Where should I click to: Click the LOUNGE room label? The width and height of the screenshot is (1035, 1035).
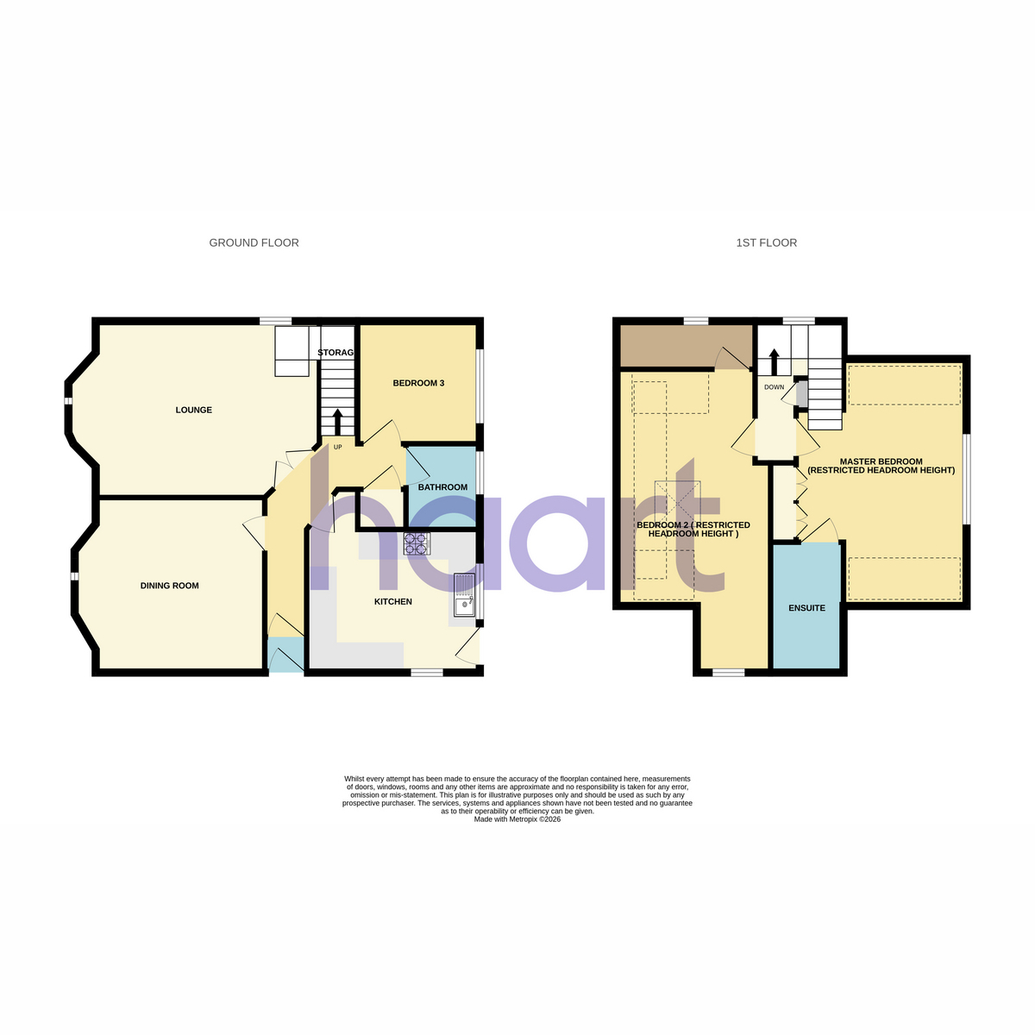193,410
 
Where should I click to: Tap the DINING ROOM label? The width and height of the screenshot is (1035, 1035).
169,586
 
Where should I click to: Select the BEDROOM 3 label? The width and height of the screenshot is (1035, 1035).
418,383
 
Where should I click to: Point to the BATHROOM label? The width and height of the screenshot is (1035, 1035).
442,487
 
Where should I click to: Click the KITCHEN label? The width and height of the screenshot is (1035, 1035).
393,601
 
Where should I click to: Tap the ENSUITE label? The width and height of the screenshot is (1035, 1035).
806,608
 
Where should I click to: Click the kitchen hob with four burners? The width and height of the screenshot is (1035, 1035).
417,543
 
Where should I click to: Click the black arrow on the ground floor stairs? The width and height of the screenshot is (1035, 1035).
338,422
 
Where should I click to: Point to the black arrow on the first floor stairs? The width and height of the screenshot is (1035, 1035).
774,362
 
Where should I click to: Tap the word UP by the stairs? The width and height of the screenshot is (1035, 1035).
338,447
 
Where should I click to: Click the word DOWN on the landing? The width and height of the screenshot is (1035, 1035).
774,387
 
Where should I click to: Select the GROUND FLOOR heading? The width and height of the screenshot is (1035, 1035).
254,242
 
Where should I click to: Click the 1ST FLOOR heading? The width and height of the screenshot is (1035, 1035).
767,242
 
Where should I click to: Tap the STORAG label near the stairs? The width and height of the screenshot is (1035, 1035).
336,353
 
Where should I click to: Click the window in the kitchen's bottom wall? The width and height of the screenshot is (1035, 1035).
427,671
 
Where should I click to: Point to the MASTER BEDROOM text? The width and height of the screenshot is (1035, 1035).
881,461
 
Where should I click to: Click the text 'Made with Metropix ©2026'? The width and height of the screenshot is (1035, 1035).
517,819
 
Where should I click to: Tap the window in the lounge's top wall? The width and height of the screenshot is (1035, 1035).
275,321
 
